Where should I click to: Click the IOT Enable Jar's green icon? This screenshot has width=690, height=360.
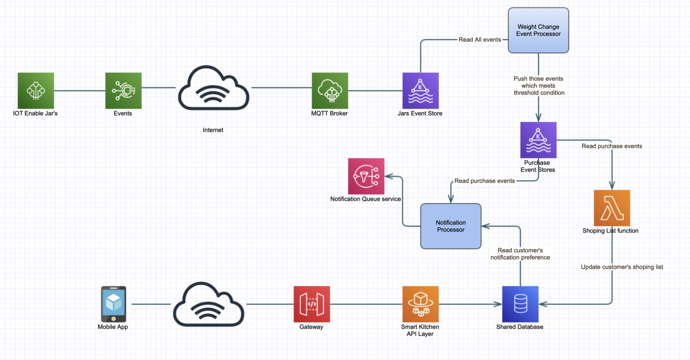pos(35,91)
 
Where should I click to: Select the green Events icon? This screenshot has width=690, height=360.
pos(123,91)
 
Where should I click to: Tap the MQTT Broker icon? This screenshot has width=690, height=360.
pos(330,91)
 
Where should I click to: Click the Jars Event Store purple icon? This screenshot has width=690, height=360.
pos(420,91)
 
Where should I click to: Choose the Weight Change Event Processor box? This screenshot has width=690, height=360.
pos(538,31)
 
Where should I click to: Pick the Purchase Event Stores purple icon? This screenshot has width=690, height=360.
pos(538,140)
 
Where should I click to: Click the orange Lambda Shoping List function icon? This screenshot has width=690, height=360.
pos(612,208)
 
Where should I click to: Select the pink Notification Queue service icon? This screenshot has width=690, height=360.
pos(366,176)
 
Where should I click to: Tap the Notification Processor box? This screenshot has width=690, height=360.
pos(450,226)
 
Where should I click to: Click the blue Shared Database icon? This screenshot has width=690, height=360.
pos(520,304)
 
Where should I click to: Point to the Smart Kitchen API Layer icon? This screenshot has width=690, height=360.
pos(420,304)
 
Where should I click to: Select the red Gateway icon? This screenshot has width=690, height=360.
pos(311,304)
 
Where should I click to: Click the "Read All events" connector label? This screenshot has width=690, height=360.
pos(480,39)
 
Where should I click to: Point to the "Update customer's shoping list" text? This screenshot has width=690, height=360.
pos(621,267)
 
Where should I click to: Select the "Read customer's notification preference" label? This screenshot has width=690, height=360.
pos(520,254)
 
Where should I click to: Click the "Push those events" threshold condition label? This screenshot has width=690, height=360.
pos(539,85)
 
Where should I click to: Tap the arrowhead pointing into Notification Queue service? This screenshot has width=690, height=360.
pos(388,176)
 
